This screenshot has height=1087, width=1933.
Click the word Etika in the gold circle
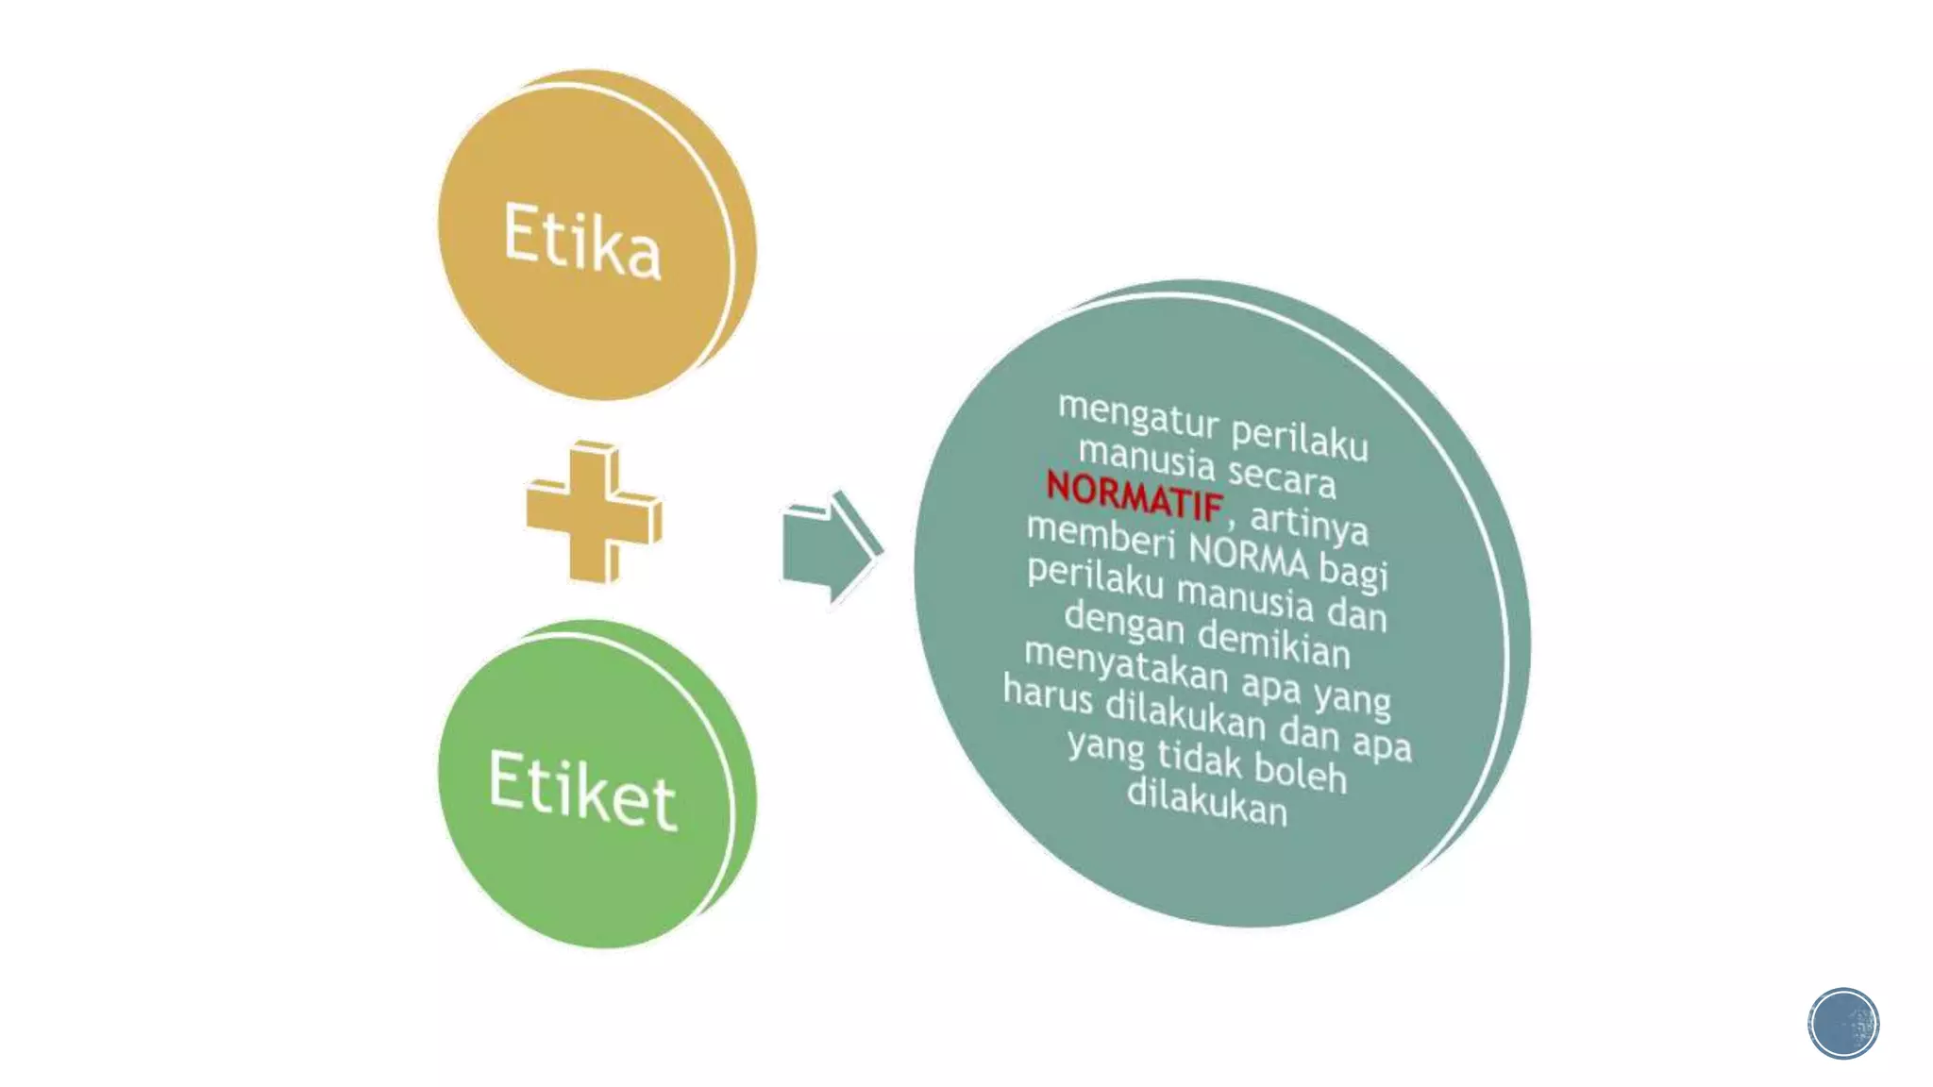pyautogui.click(x=581, y=241)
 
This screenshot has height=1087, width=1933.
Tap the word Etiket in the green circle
pyautogui.click(x=582, y=789)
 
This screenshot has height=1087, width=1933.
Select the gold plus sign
pyautogui.click(x=594, y=511)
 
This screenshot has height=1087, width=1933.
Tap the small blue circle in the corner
pyautogui.click(x=1843, y=1023)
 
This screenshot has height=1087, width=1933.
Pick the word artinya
pyautogui.click(x=1309, y=522)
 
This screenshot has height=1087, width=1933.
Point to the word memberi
pyautogui.click(x=1101, y=536)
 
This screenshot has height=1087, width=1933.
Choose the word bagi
pyautogui.click(x=1353, y=571)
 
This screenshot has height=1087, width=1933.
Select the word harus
pyautogui.click(x=1048, y=694)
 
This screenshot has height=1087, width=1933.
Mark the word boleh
pyautogui.click(x=1301, y=771)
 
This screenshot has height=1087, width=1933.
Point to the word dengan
pyautogui.click(x=1123, y=624)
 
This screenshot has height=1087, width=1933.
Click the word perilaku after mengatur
pyautogui.click(x=1300, y=438)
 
